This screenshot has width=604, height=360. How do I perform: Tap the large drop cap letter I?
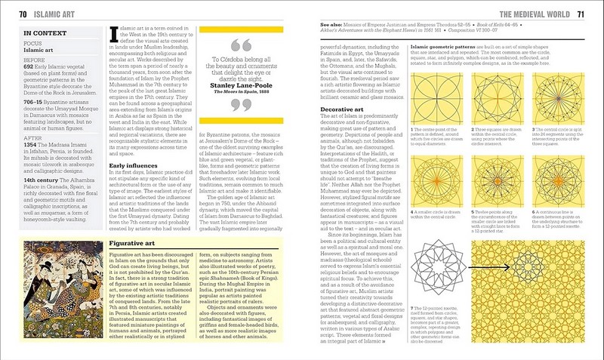(112, 34)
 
